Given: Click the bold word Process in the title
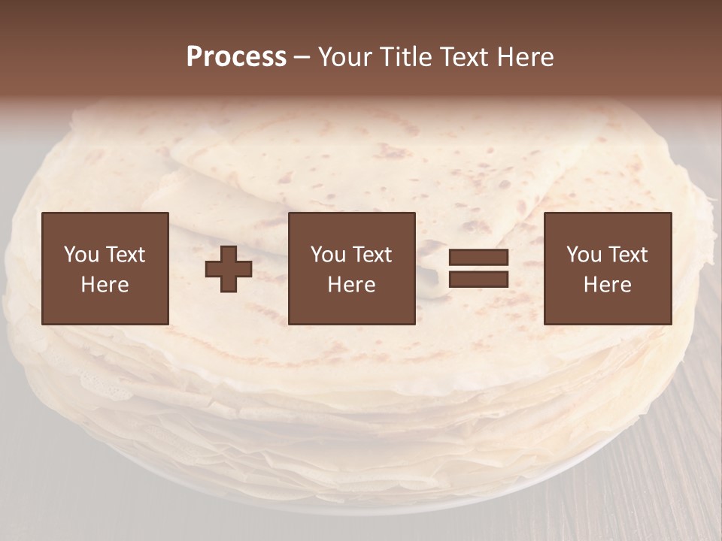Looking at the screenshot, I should [236, 57].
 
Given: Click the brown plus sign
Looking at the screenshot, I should [229, 269].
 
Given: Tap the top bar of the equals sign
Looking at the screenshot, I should [478, 258].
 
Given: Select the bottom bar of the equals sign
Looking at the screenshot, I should [478, 279].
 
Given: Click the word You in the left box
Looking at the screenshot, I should [80, 255].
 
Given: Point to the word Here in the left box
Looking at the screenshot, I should [105, 285].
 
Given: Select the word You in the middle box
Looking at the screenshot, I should [327, 255].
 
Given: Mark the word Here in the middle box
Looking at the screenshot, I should [352, 285].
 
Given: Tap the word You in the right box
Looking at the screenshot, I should [583, 255].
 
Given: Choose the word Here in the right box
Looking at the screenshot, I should [608, 285].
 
